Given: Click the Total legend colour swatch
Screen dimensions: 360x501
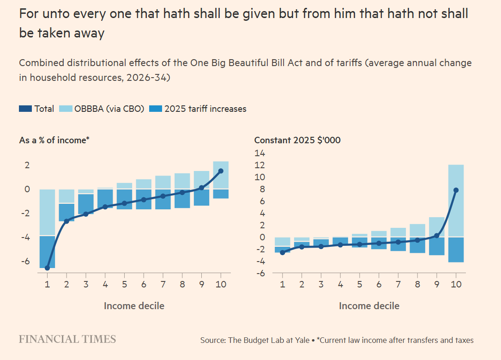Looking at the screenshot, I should tap(25, 109).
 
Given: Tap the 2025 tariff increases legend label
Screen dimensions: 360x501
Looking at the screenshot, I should tap(205, 109).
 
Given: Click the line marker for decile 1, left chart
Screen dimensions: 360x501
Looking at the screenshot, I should tap(48, 268).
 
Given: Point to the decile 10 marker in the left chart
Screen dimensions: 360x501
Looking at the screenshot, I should tap(221, 171).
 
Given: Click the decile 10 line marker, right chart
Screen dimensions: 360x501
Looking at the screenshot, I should tap(456, 190).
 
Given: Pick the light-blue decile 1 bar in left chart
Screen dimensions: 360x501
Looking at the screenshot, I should tap(48, 213).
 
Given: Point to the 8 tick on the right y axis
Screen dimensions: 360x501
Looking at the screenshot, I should tap(262, 189).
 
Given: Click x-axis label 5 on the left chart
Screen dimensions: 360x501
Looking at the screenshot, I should tap(124, 284).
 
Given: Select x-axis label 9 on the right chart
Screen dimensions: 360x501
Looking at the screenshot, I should tap(437, 284).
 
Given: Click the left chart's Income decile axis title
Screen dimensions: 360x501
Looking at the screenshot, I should tap(134, 306).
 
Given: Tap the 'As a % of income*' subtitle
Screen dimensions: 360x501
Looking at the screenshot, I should tap(54, 140).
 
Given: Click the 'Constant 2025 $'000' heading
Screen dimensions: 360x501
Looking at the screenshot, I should tap(297, 140).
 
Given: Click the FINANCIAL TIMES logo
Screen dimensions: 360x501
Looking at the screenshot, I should tap(67, 339).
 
